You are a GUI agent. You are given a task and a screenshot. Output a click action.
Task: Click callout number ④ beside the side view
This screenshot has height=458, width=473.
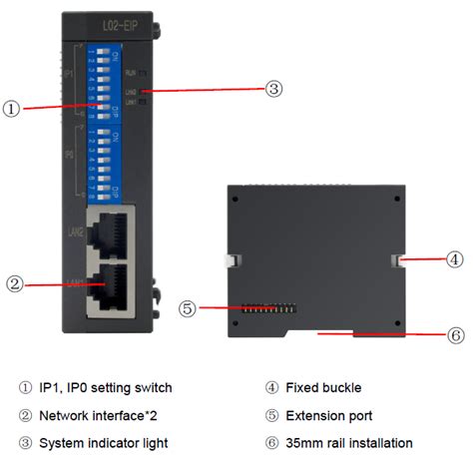(454, 259)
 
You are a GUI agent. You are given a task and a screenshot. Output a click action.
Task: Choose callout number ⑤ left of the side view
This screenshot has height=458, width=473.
(188, 308)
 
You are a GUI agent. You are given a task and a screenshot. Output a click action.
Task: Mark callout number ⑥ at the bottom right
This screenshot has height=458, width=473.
(455, 335)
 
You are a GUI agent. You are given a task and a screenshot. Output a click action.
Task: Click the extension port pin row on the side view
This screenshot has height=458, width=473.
(264, 308)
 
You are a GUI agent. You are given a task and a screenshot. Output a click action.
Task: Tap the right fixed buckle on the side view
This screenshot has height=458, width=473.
(396, 260)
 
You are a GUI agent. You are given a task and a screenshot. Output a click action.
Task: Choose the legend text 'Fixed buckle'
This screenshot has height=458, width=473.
(325, 387)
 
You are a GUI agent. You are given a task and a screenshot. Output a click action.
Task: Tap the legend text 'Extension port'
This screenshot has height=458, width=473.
(330, 415)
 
